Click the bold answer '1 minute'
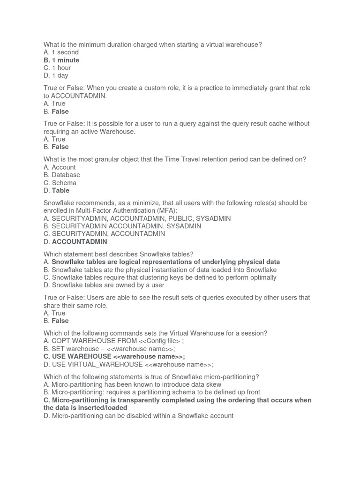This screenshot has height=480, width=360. (65, 60)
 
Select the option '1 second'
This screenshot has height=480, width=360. (65, 52)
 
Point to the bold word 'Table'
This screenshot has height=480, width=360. (60, 190)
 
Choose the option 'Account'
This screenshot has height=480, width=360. (63, 167)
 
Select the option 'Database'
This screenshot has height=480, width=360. (66, 175)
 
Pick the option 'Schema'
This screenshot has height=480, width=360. (64, 183)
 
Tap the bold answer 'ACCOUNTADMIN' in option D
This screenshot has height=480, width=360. (79, 242)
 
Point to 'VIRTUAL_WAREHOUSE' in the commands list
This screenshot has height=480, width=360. (104, 364)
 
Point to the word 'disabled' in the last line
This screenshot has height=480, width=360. (142, 416)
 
